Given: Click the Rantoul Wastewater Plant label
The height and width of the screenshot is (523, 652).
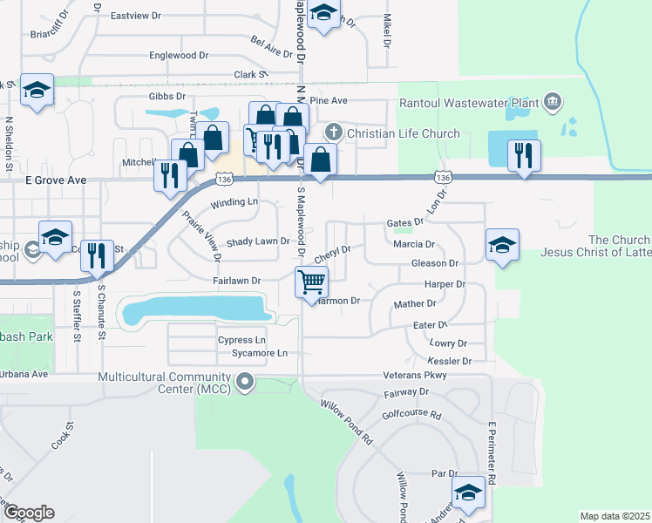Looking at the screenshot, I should click(x=469, y=103).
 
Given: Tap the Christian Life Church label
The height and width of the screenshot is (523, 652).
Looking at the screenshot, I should click(x=403, y=133).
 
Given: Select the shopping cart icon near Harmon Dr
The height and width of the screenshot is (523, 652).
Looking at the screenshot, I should click(x=312, y=282).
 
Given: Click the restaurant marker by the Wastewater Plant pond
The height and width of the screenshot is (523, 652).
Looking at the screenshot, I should click(x=523, y=156).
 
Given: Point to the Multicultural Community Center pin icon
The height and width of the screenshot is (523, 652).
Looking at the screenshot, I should click(x=246, y=381).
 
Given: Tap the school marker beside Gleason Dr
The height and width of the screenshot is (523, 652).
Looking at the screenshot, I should click(x=502, y=245).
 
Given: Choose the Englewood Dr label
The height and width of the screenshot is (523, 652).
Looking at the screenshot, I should click(x=179, y=55).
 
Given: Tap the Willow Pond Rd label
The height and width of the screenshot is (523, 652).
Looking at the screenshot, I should click(x=346, y=422).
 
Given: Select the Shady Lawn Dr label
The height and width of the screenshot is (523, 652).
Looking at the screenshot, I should click(x=257, y=241).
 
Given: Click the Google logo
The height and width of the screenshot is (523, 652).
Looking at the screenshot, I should click(x=28, y=513).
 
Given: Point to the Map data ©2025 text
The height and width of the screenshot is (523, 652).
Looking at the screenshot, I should click(x=614, y=516).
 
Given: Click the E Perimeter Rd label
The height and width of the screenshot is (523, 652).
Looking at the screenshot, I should click(x=492, y=452).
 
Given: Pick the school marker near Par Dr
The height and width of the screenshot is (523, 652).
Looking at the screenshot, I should click(x=469, y=494).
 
